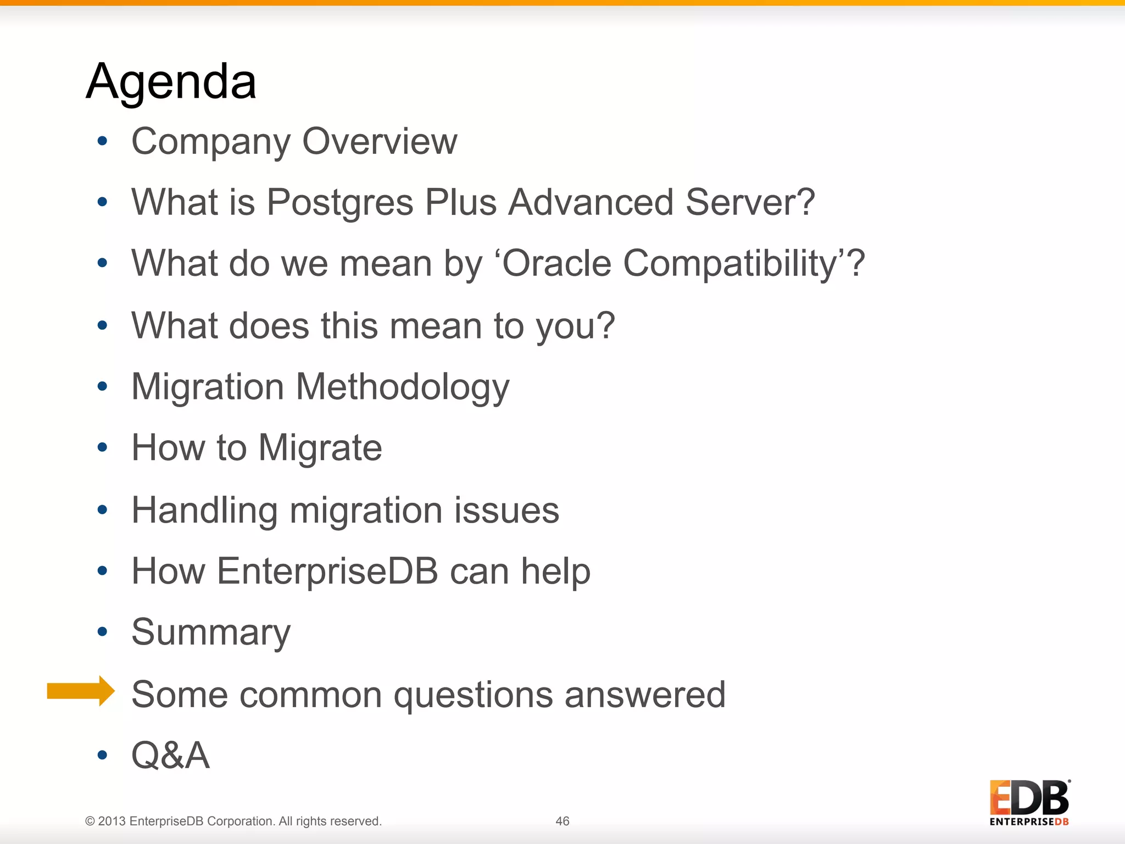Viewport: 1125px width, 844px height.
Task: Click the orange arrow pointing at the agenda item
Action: pos(81,691)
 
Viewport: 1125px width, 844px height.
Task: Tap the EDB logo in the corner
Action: pos(1029,802)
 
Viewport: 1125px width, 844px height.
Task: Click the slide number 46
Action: pos(562,821)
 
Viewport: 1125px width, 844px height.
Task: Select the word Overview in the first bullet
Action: pos(380,142)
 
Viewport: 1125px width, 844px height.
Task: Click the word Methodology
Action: pos(403,387)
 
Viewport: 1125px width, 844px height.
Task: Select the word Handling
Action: pos(204,510)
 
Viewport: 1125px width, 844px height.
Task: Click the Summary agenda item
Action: pos(211,633)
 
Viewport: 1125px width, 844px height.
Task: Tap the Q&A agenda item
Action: pos(170,756)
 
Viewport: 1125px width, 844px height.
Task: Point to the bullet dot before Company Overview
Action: pos(102,141)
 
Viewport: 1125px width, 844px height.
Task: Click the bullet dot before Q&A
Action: pos(102,755)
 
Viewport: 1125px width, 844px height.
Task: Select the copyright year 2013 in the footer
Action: pos(112,821)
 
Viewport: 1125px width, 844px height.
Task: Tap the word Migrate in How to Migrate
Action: pos(320,448)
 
